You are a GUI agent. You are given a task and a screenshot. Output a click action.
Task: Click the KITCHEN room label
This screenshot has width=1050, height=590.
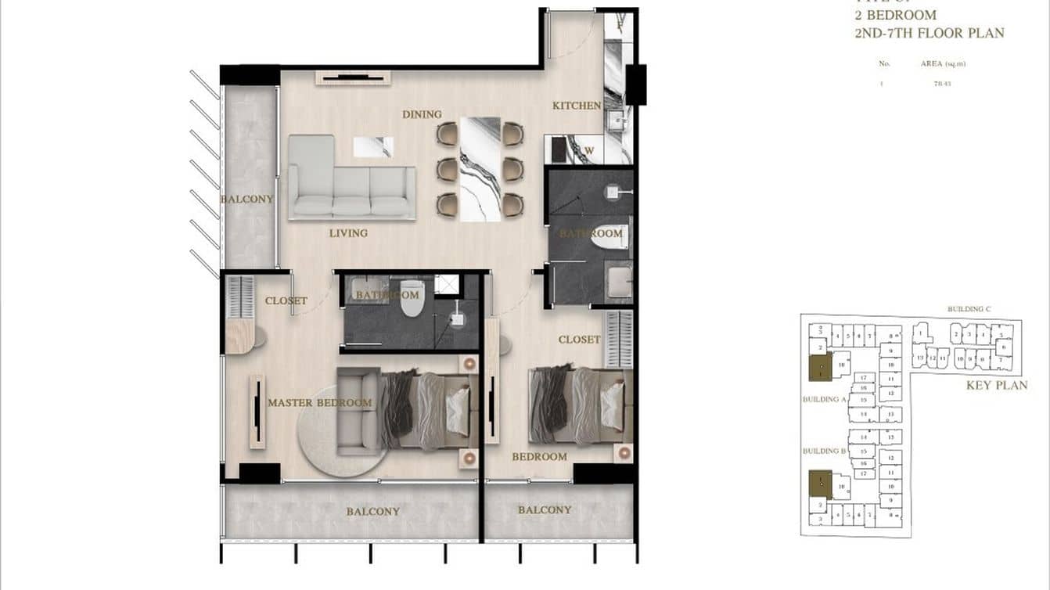(x=577, y=106)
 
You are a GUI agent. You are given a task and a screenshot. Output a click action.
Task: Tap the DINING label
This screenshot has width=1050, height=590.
(x=422, y=114)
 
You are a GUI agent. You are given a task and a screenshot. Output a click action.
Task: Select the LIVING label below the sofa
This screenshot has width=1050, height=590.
(x=348, y=233)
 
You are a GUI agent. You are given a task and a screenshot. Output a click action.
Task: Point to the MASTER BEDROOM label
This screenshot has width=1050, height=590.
(x=319, y=403)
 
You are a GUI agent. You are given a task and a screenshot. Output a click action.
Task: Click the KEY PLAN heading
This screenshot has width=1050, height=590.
(x=997, y=385)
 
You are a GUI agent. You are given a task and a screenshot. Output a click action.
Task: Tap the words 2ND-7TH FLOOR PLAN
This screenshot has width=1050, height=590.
(x=930, y=33)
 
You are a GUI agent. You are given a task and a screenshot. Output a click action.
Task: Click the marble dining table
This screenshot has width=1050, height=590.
(x=480, y=168)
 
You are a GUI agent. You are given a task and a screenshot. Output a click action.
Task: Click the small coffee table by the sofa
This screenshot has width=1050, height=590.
(x=372, y=146)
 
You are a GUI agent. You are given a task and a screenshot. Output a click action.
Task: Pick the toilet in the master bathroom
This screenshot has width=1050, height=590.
(x=411, y=300)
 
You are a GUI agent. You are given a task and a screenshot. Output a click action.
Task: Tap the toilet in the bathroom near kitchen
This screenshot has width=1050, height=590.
(x=609, y=236)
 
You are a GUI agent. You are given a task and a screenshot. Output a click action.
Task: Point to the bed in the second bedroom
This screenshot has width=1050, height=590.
(x=581, y=405)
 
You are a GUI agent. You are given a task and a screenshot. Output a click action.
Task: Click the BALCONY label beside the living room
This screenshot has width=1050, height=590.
(x=247, y=199)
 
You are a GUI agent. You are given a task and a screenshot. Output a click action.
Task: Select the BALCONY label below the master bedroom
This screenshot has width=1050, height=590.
(x=373, y=512)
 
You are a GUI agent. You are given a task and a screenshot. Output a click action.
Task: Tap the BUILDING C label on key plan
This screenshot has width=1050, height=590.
(x=969, y=309)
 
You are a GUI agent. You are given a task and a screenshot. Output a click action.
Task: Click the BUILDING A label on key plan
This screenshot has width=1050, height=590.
(x=825, y=399)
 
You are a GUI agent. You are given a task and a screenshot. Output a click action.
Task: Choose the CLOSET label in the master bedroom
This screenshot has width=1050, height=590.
(x=286, y=300)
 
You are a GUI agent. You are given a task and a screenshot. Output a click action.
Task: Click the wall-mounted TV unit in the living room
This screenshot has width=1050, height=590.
(x=352, y=77)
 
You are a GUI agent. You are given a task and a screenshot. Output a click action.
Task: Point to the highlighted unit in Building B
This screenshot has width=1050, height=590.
(x=820, y=484)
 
